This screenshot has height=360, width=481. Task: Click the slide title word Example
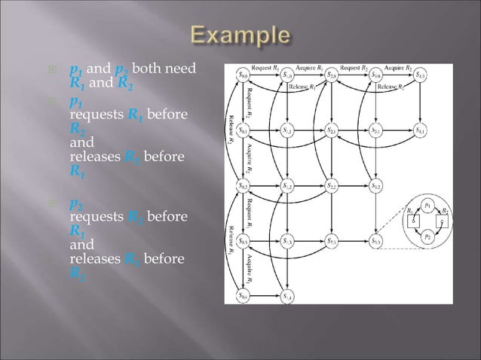(x=240, y=36)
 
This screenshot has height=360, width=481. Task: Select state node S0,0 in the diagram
(x=244, y=75)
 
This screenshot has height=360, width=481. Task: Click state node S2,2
(x=332, y=185)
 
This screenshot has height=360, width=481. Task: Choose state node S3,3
(x=378, y=241)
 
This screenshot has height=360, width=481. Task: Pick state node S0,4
(x=244, y=296)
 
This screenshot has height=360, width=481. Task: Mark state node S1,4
(x=288, y=296)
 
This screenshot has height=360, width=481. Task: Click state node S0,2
(x=244, y=185)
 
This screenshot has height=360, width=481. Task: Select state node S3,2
(x=378, y=185)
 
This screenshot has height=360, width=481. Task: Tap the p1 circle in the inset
(x=427, y=204)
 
